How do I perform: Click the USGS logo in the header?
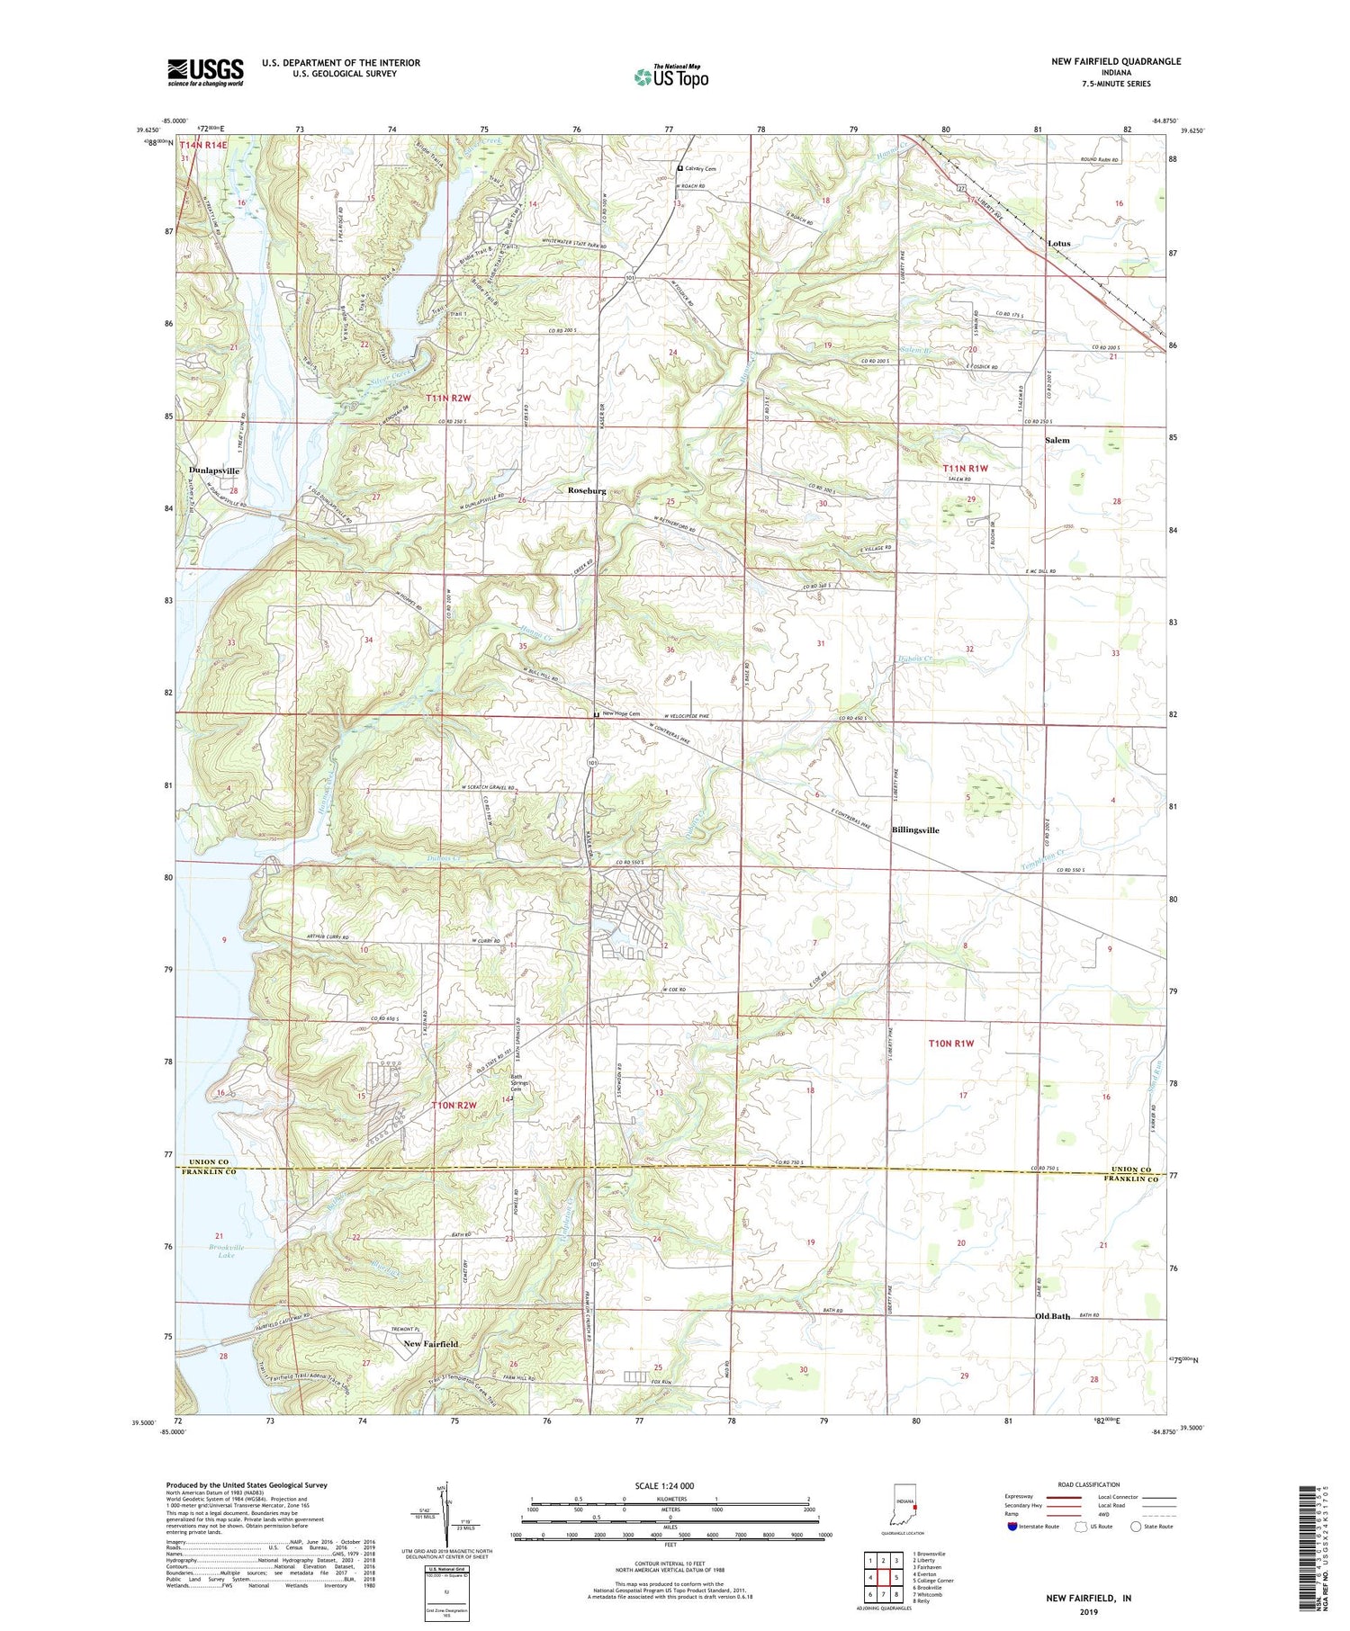(x=205, y=72)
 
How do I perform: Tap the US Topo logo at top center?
(x=670, y=76)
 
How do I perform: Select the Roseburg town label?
(x=587, y=491)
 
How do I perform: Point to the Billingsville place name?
(x=915, y=830)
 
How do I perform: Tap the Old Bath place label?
(x=1053, y=1316)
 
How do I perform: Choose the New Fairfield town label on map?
(x=430, y=1344)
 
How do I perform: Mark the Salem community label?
(x=1057, y=440)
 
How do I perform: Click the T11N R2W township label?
(x=448, y=397)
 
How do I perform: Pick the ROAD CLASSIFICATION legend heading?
(x=1089, y=1485)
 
